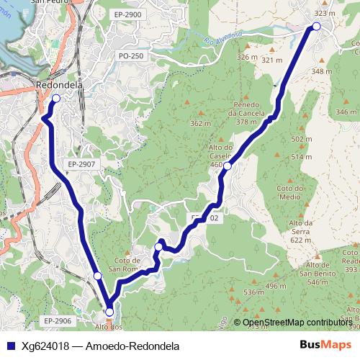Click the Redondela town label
[x=60, y=85]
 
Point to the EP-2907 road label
[x=81, y=164]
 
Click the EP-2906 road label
[x=57, y=320]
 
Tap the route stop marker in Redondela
[x=55, y=98]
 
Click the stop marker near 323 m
[x=315, y=27]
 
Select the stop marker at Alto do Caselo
[x=227, y=166]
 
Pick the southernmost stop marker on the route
[x=109, y=312]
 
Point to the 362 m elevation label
[x=199, y=123]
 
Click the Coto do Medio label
[x=289, y=192]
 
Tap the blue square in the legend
[x=10, y=346]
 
